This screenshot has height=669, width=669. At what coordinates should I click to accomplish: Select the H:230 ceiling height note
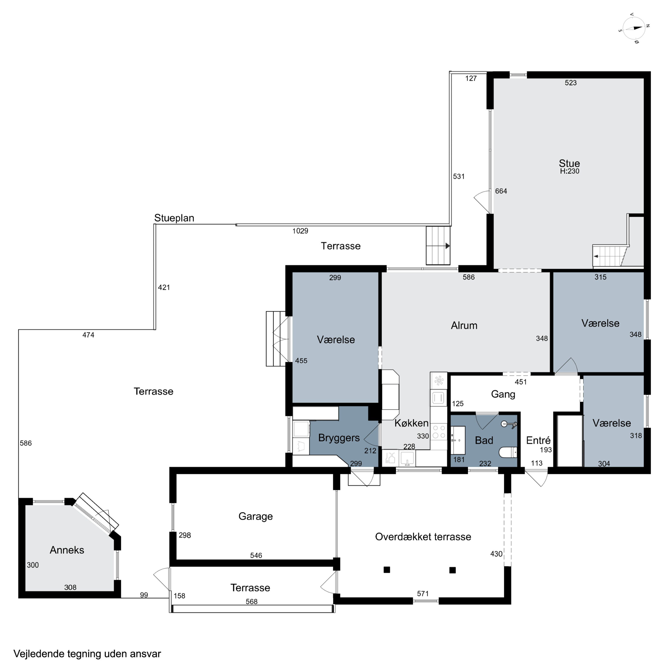point(569,171)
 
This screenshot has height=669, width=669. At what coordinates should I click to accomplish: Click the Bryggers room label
point(339,438)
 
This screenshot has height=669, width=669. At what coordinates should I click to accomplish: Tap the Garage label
point(256,516)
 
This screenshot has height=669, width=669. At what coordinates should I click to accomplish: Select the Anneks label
point(67,550)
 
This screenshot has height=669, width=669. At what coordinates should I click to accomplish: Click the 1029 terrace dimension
point(300,231)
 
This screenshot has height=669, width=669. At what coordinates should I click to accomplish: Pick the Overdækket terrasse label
point(423,537)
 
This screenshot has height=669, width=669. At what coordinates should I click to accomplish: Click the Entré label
point(538,440)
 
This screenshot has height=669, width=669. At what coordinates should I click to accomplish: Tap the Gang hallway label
point(503,394)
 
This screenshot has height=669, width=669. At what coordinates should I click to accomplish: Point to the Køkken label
point(411,423)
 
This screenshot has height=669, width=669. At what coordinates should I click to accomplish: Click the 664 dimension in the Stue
point(501,191)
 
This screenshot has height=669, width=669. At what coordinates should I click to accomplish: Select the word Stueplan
point(174,218)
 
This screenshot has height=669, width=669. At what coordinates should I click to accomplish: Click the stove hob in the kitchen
point(439,432)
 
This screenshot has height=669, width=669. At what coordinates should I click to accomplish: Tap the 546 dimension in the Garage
point(256,555)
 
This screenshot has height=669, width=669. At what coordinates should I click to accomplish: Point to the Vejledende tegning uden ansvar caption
point(87,654)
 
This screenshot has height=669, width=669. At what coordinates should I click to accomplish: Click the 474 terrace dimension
point(88,335)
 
